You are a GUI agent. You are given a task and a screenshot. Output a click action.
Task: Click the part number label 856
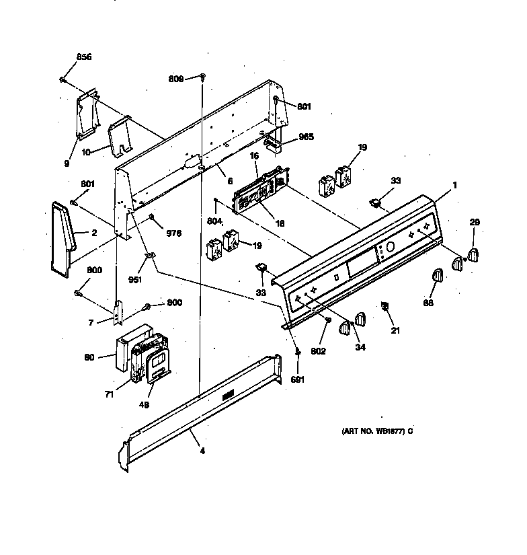click(84, 57)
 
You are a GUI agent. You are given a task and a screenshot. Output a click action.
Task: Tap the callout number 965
click(306, 137)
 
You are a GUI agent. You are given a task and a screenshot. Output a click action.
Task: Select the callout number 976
click(173, 233)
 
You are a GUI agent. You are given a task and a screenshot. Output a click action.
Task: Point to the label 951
click(134, 280)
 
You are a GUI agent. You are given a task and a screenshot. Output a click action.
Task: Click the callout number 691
click(298, 380)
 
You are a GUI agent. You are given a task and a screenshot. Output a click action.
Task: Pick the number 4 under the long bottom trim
click(202, 451)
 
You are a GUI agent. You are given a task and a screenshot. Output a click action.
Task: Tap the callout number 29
click(475, 222)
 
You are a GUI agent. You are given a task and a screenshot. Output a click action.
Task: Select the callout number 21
click(395, 330)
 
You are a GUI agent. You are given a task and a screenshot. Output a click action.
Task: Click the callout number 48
click(144, 404)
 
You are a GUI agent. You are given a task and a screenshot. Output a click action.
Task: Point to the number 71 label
click(110, 394)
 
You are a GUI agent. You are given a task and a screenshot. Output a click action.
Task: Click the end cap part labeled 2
click(63, 239)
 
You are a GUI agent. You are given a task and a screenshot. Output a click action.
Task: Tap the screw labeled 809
click(203, 76)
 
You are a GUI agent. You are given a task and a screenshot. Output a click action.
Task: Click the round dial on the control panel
click(391, 246)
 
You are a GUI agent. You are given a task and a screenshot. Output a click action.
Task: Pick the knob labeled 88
click(438, 275)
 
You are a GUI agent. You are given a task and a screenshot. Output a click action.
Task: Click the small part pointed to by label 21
click(384, 305)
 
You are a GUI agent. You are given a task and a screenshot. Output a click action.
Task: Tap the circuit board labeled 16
click(260, 189)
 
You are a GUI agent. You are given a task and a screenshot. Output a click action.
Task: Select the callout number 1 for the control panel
click(455, 185)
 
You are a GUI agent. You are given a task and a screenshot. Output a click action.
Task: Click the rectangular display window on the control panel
click(362, 262)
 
